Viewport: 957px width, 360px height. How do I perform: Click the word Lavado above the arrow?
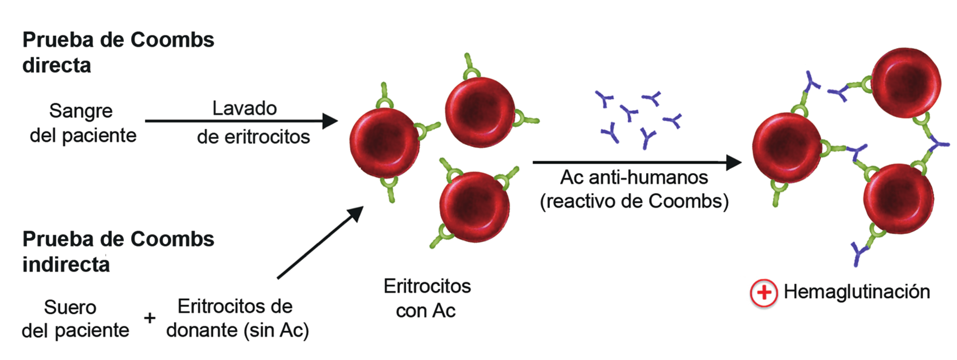click(x=244, y=108)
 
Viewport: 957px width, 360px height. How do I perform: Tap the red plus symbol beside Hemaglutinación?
click(x=764, y=293)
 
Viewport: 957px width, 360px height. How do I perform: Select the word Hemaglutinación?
click(x=857, y=292)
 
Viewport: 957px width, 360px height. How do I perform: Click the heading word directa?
click(x=57, y=65)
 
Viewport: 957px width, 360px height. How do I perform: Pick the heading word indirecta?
click(x=66, y=264)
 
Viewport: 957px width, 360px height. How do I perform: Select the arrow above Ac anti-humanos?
click(x=637, y=162)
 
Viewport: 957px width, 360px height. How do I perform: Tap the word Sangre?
click(x=81, y=111)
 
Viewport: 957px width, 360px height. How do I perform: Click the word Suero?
click(x=70, y=307)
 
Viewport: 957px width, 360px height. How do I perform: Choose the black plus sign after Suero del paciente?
click(x=150, y=318)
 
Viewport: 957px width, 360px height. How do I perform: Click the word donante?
click(x=202, y=330)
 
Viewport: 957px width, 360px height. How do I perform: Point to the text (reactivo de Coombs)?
click(x=634, y=202)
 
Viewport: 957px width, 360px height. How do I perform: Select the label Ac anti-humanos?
click(x=634, y=178)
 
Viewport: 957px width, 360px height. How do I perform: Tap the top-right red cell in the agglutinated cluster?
click(x=906, y=83)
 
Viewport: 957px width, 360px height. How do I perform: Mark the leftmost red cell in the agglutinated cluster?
click(x=787, y=148)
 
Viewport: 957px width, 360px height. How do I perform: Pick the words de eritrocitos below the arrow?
click(x=253, y=137)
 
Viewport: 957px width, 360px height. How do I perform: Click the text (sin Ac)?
click(x=276, y=331)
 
